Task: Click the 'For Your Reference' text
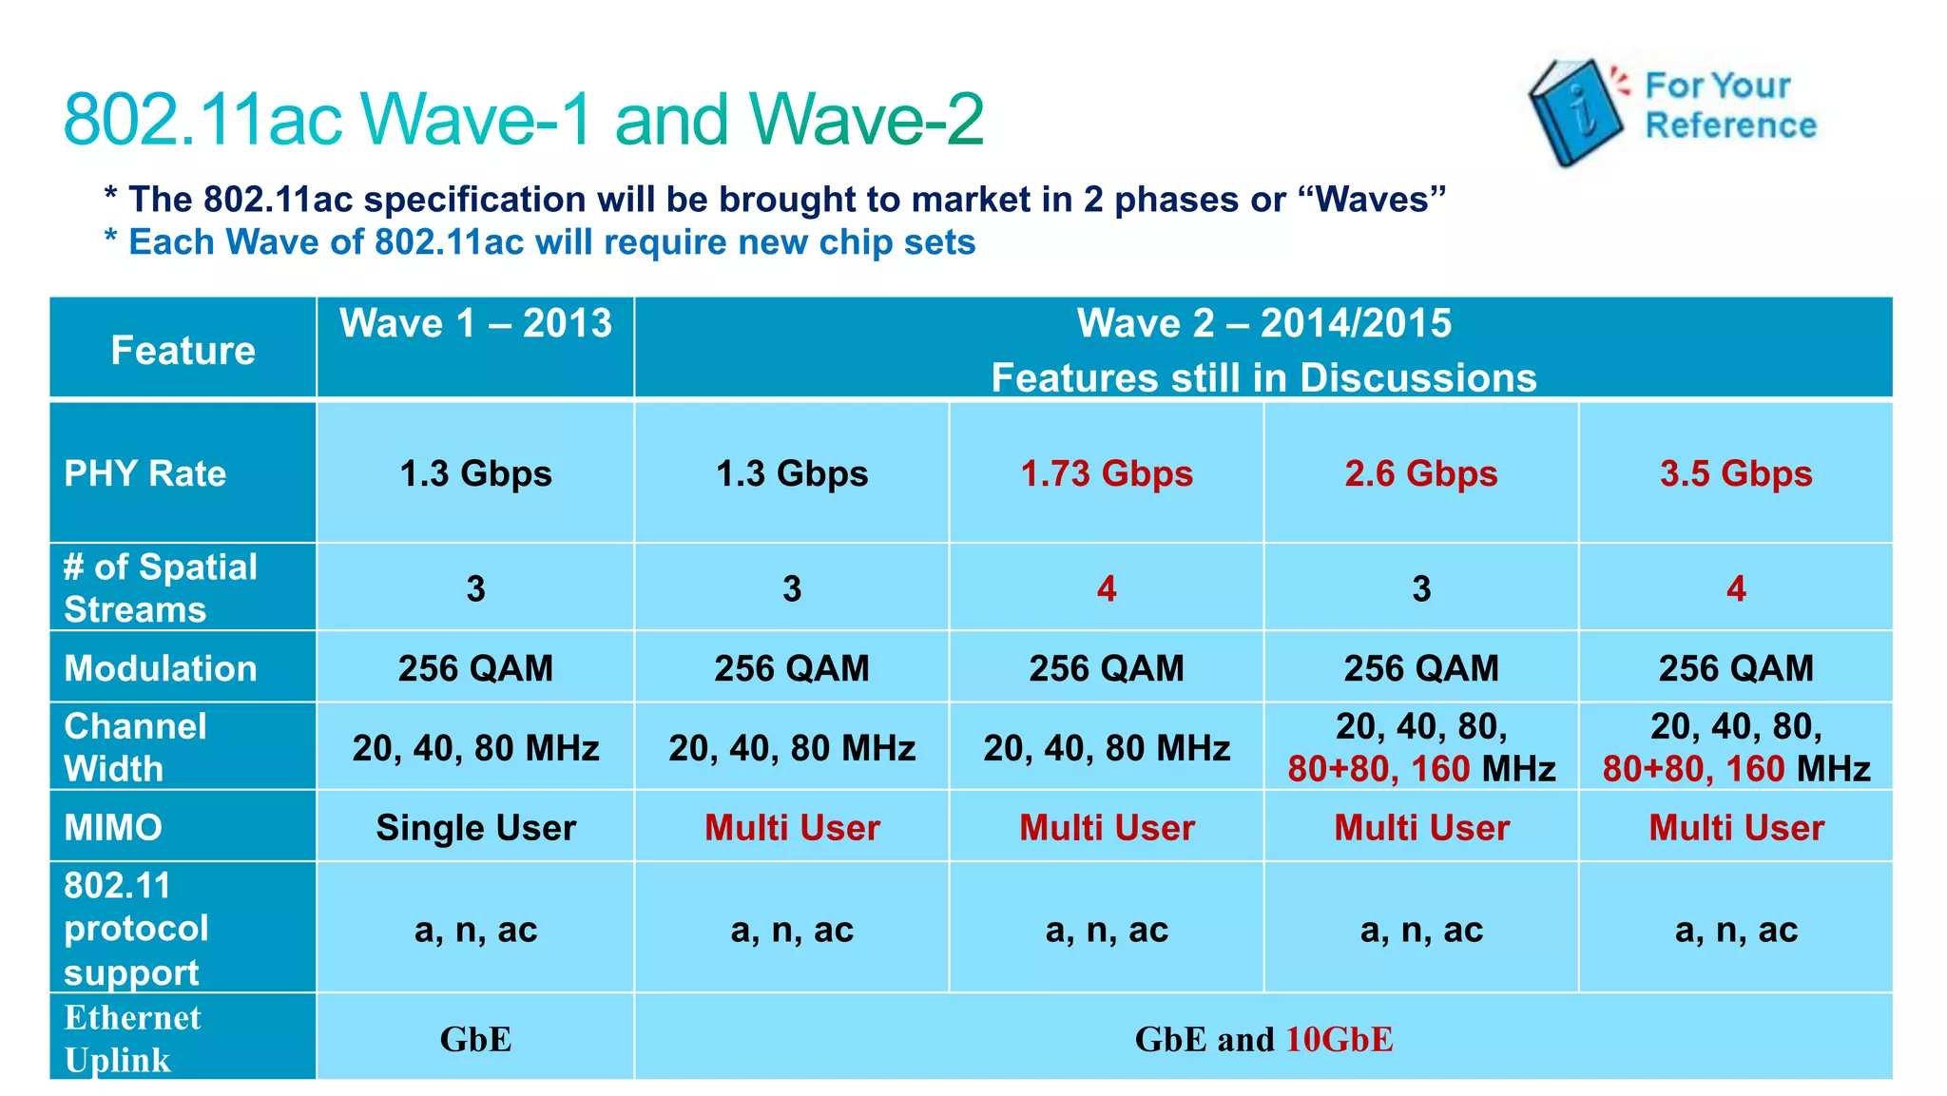click(1730, 106)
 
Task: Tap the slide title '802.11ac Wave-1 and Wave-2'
click(524, 120)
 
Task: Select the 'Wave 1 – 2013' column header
click(475, 324)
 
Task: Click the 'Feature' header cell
click(183, 351)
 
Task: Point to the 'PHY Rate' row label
click(145, 473)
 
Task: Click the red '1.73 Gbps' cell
click(1107, 473)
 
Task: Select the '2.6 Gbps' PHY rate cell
click(1420, 473)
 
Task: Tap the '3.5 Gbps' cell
click(1736, 473)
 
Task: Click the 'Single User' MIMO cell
click(475, 828)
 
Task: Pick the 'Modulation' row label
click(160, 668)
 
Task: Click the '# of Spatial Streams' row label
click(160, 587)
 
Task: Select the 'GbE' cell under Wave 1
click(475, 1039)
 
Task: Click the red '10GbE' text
click(1340, 1039)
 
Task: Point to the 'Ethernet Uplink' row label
click(132, 1038)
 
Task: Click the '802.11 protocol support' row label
click(135, 929)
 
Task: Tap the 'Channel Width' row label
click(135, 747)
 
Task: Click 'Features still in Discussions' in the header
click(1263, 378)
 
